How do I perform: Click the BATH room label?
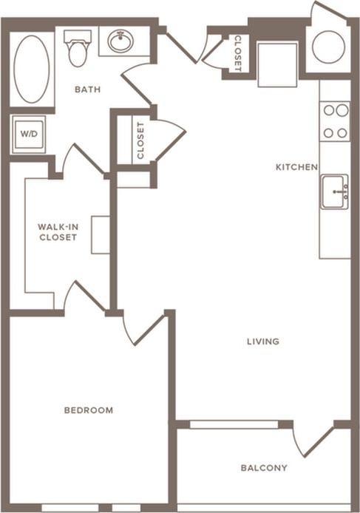pyautogui.click(x=87, y=90)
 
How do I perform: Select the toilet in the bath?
pyautogui.click(x=77, y=48)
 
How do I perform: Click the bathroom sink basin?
pyautogui.click(x=120, y=41)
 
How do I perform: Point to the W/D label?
pyautogui.click(x=28, y=135)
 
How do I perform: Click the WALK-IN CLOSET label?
pyautogui.click(x=57, y=232)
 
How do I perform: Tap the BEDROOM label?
pyautogui.click(x=88, y=410)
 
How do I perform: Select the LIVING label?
pyautogui.click(x=263, y=342)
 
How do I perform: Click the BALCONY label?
pyautogui.click(x=264, y=468)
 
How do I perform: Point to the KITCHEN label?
pyautogui.click(x=296, y=168)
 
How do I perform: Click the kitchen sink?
pyautogui.click(x=335, y=192)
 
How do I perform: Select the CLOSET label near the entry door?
pyautogui.click(x=237, y=53)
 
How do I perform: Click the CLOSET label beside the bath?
pyautogui.click(x=140, y=140)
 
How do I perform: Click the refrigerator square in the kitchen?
pyautogui.click(x=277, y=64)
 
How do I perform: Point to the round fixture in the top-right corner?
pyautogui.click(x=328, y=47)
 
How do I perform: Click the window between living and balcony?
pyautogui.click(x=234, y=424)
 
